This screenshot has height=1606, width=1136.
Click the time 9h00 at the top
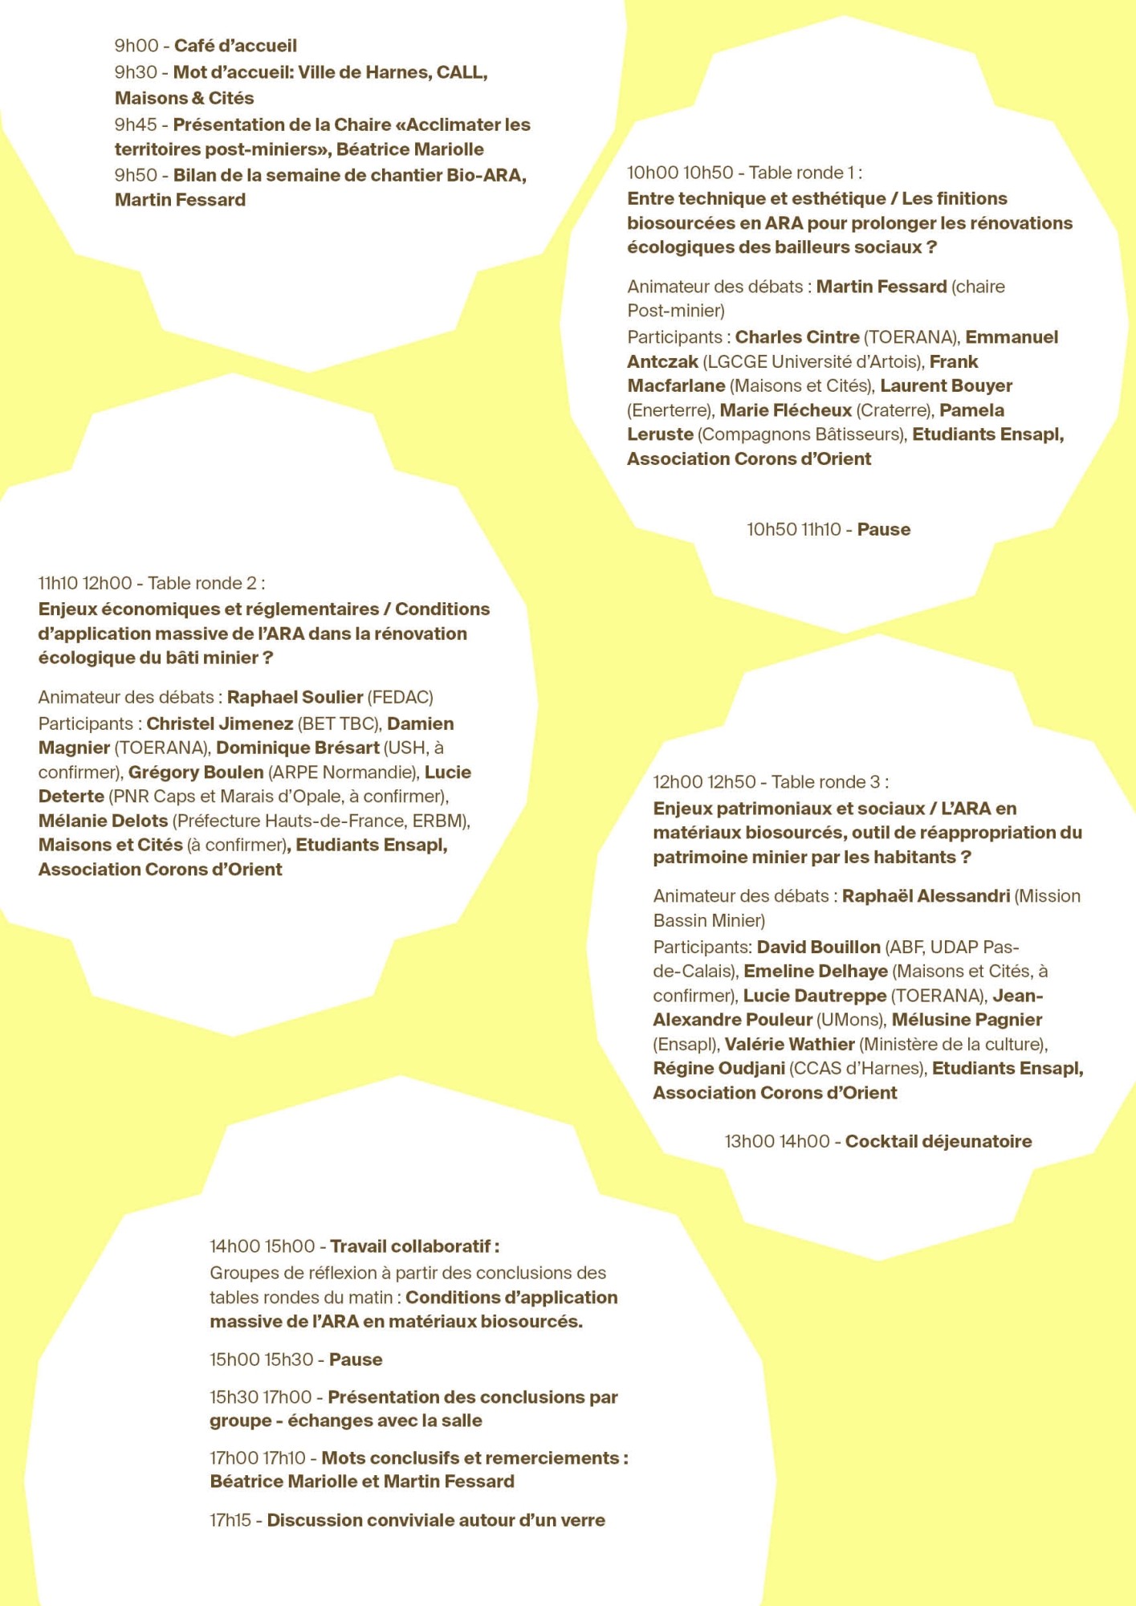click(x=136, y=46)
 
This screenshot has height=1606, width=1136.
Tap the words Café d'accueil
click(x=235, y=46)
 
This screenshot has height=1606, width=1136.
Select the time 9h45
click(x=136, y=124)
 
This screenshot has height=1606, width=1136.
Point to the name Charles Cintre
click(x=797, y=337)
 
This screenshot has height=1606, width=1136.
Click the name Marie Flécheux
click(x=785, y=410)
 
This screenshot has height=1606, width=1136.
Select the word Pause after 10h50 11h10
click(x=883, y=529)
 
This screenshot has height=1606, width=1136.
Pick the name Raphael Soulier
click(x=295, y=697)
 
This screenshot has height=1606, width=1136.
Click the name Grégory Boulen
click(x=196, y=772)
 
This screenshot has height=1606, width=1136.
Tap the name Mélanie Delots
click(x=103, y=821)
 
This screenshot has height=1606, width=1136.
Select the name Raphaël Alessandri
click(x=926, y=896)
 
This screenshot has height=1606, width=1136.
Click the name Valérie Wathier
click(x=789, y=1044)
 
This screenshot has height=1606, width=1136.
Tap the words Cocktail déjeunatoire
click(x=939, y=1141)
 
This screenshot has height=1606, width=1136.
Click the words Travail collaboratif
click(x=411, y=1246)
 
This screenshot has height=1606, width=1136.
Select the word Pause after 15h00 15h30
click(x=356, y=1359)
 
